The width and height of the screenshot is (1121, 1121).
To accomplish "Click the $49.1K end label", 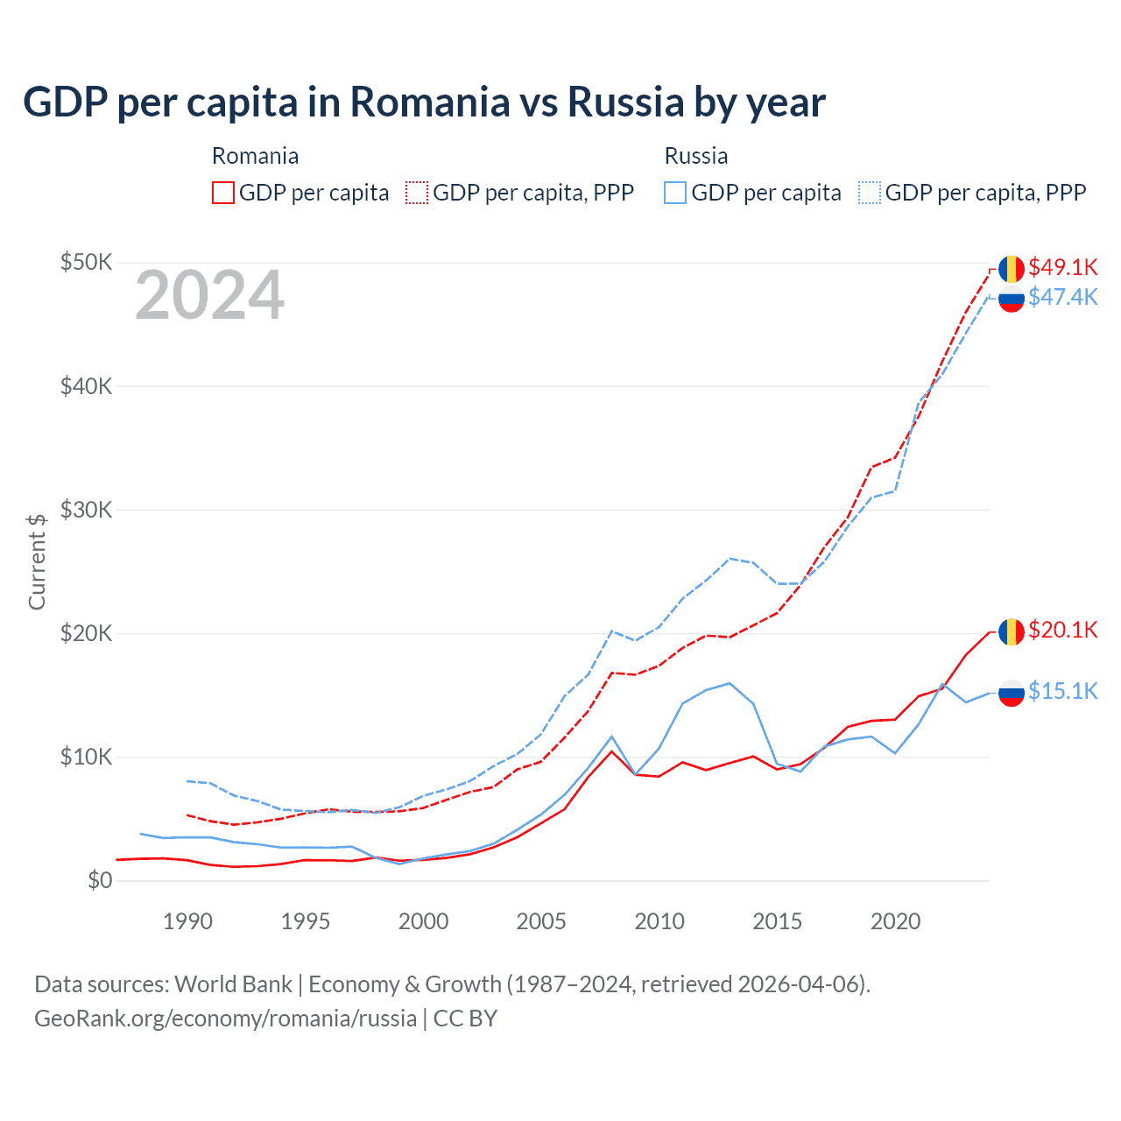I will point(1062,267).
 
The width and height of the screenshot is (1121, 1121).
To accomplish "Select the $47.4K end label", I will point(1062,298).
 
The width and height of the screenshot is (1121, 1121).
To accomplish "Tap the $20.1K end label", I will point(1062,631).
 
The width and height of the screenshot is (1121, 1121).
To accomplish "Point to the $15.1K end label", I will point(1062,692).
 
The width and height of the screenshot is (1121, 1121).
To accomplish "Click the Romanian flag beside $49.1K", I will point(1011,268).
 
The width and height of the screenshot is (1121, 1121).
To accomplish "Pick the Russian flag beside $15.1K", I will point(1011,693).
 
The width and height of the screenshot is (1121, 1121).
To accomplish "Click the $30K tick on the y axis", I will point(86,510).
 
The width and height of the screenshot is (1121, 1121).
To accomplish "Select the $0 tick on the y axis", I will point(100,880).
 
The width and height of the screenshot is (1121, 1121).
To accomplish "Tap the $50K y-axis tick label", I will point(86,262).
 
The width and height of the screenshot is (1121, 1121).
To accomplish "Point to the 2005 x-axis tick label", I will point(541,921).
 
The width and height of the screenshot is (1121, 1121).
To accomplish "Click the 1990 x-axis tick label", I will point(187,921).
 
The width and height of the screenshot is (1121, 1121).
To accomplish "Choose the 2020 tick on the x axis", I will point(895,921).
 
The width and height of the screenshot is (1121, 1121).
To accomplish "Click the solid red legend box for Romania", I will point(223,193).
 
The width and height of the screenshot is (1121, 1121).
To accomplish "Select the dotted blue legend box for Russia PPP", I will point(870,193).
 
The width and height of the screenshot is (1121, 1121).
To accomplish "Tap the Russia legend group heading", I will point(696,156).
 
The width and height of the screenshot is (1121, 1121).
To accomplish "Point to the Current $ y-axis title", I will point(37,561).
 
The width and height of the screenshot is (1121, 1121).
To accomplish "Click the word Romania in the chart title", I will point(430,102).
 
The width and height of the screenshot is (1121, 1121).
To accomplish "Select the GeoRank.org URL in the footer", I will point(225,1019).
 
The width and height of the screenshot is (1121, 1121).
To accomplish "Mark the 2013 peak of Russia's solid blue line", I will point(730,683).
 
